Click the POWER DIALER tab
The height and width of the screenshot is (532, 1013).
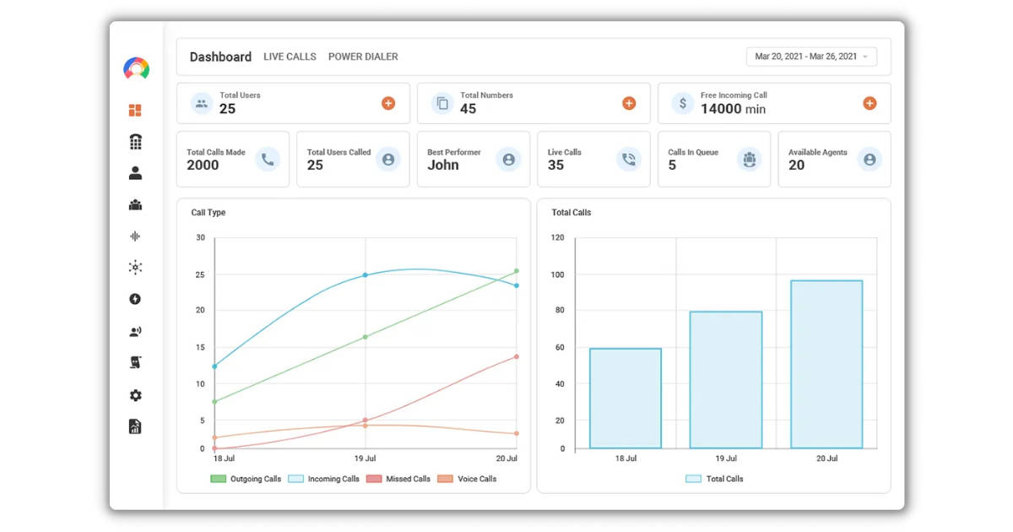363,57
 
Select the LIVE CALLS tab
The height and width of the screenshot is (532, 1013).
290,57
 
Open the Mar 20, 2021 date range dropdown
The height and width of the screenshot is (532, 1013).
811,57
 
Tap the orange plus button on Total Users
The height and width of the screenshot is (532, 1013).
388,103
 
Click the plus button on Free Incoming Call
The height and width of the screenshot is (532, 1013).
869,103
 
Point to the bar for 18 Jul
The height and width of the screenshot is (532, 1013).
626,398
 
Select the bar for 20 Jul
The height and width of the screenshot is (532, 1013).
826,364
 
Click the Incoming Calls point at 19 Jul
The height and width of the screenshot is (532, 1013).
366,275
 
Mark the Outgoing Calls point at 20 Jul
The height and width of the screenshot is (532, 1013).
516,271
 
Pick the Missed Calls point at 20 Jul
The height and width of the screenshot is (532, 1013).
516,356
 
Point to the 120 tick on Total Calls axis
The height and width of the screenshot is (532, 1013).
557,237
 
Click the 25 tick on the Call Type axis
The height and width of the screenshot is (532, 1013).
200,274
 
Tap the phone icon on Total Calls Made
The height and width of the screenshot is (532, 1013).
268,159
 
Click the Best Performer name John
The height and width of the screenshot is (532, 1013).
443,166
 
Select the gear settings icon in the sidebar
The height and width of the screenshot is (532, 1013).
135,395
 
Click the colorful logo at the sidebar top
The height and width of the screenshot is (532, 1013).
136,68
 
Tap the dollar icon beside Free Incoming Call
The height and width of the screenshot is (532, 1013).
682,103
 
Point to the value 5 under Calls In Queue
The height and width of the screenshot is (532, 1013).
672,166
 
